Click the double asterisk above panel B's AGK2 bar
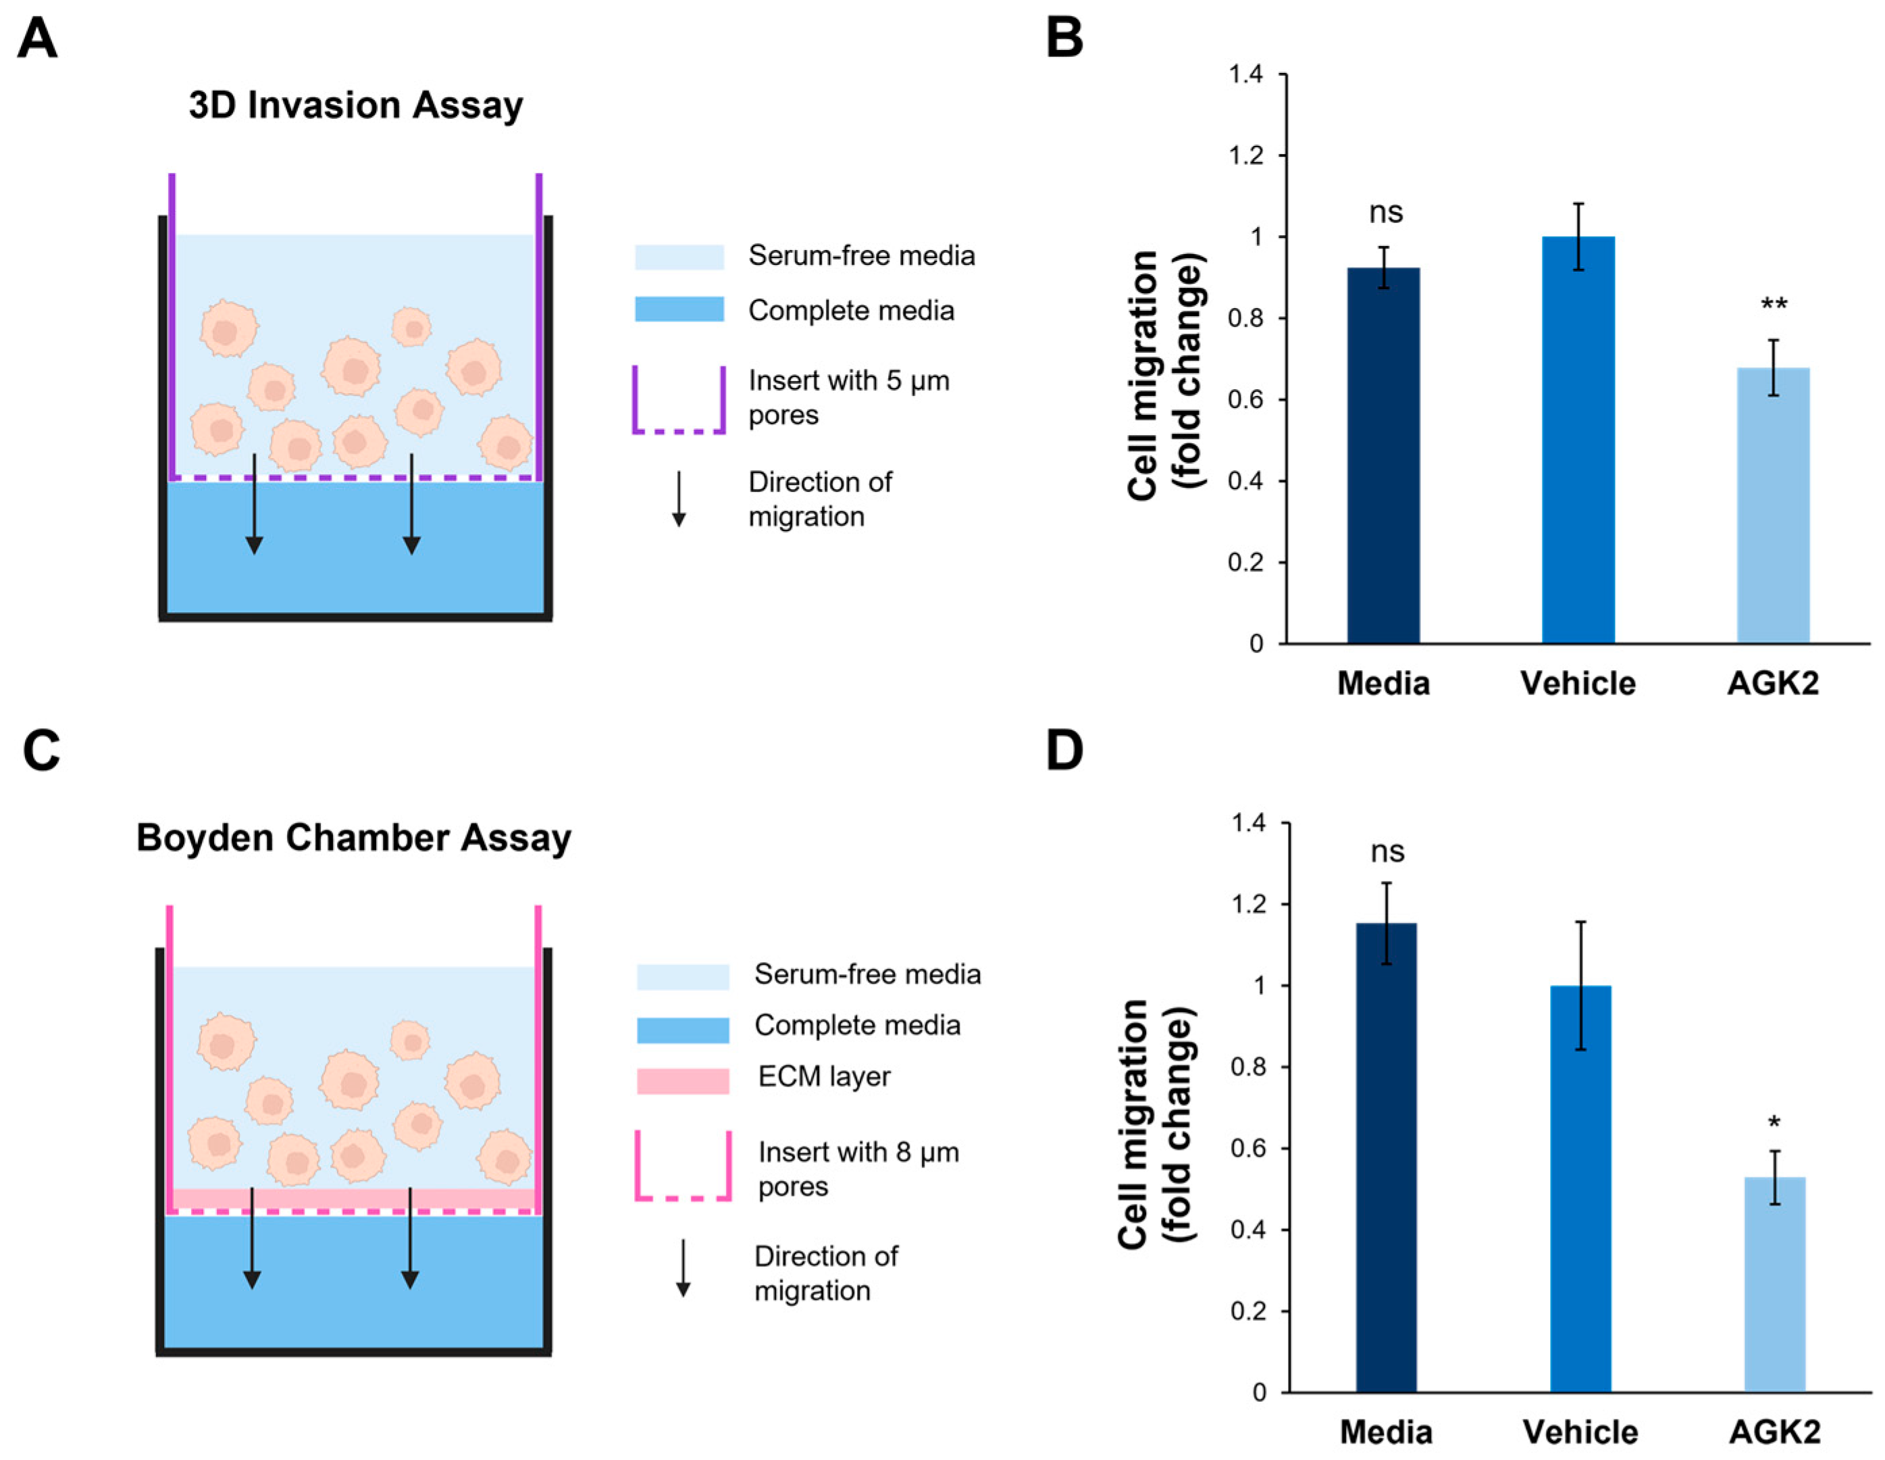[x=1774, y=304]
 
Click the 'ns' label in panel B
[x=1386, y=212]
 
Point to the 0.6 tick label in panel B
[x=1245, y=400]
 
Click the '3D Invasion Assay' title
[x=356, y=105]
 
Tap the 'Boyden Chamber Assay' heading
[x=354, y=838]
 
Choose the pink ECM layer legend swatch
[x=683, y=1081]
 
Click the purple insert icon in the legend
[x=678, y=399]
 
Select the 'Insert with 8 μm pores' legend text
[x=858, y=1168]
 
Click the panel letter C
[x=41, y=751]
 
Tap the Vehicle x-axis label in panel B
[x=1578, y=683]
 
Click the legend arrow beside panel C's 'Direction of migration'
[x=683, y=1267]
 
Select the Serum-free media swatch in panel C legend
[x=683, y=976]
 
